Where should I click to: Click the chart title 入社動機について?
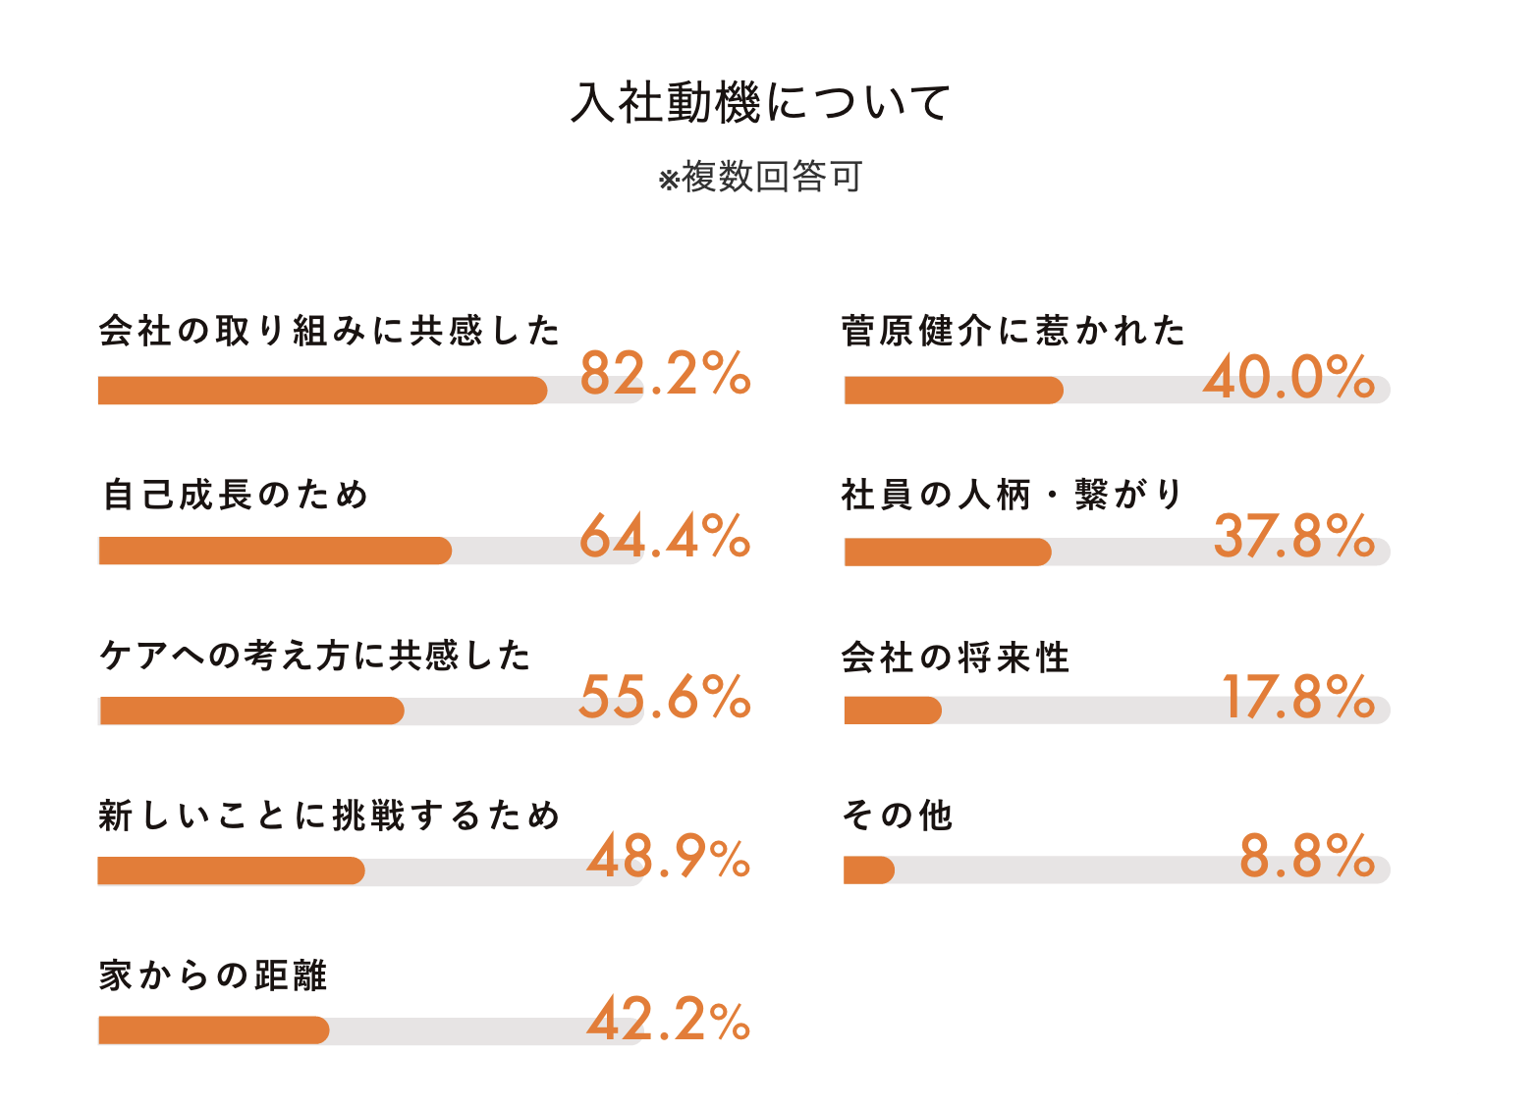pos(761,103)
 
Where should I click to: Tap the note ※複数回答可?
pos(761,178)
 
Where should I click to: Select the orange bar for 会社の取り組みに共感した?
pos(322,391)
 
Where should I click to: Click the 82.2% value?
pos(665,374)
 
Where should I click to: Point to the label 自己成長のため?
pos(236,495)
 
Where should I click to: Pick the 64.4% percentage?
pos(665,537)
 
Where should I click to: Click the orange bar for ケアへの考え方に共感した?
pos(251,711)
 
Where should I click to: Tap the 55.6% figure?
pos(665,698)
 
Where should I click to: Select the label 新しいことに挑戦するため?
pos(329,816)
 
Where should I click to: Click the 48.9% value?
pos(668,858)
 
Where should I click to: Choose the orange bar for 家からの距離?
pos(213,1030)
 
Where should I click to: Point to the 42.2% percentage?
pos(668,1020)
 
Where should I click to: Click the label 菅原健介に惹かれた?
pos(1014,332)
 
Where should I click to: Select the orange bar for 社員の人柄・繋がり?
pos(948,553)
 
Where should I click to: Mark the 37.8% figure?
pos(1293,537)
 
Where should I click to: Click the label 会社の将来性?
pos(955,658)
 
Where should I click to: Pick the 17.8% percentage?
pos(1297,698)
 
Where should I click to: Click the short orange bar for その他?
pos(869,870)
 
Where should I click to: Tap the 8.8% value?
pos(1306,857)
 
